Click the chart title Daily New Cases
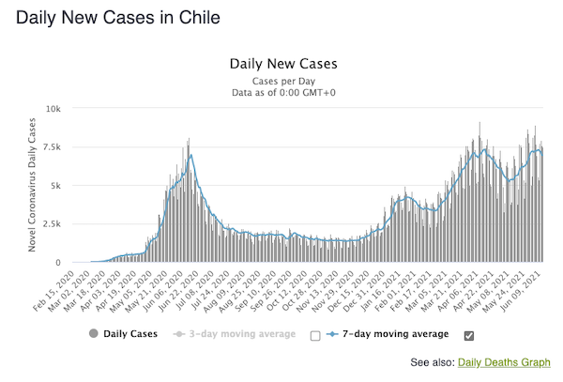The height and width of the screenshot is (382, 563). (282, 65)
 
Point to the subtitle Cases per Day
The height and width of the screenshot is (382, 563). (282, 81)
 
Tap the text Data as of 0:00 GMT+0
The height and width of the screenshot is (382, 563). (282, 93)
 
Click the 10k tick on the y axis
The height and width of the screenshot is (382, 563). (54, 109)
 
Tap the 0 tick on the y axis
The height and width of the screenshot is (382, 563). (58, 263)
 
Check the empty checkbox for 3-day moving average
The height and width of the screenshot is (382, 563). (315, 335)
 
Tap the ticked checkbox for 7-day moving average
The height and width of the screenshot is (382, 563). (469, 335)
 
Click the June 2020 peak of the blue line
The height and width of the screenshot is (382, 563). (190, 155)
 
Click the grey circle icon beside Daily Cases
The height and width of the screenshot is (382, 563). (93, 333)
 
